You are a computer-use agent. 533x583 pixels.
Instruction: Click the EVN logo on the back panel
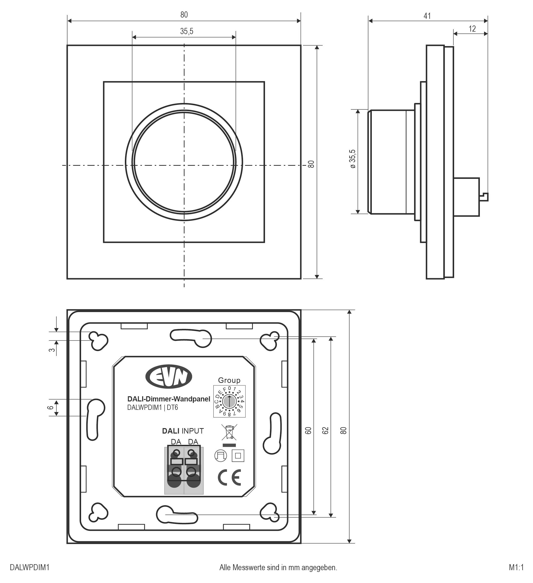click(168, 376)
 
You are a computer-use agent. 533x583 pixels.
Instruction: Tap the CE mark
click(229, 478)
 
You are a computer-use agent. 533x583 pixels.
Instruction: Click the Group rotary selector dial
click(229, 401)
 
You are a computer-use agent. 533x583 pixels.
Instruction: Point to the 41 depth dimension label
click(427, 16)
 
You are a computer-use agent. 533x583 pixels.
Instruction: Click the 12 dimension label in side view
click(472, 29)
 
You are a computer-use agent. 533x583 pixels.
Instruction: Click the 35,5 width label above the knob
click(187, 31)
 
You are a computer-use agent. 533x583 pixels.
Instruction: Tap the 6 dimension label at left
click(51, 407)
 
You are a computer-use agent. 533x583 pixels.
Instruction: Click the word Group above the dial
click(229, 380)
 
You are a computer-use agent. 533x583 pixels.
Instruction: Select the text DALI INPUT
click(183, 431)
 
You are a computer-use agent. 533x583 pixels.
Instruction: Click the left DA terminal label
click(176, 442)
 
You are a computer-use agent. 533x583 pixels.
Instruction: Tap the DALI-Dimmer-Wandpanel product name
click(169, 399)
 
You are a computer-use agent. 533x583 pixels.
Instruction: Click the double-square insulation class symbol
click(238, 456)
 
